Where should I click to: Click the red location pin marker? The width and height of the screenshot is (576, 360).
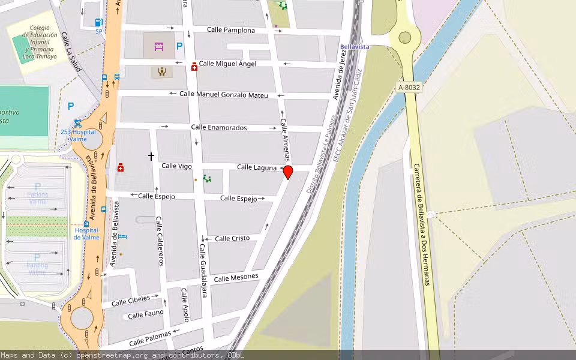point(288,173)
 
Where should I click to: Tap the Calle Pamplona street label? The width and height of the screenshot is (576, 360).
point(231,30)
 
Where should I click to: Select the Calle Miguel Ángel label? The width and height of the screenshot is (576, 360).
point(227,64)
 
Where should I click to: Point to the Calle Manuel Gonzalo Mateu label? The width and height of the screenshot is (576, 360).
point(224,94)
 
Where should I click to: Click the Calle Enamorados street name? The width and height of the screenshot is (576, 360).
point(219,127)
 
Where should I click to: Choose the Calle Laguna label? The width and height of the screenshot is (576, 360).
point(257,167)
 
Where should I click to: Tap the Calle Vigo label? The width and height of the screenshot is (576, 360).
point(176,166)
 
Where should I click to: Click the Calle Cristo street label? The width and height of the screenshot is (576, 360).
point(232,238)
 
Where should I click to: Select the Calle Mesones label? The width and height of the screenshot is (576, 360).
point(236,277)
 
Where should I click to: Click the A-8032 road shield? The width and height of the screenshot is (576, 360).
point(410,88)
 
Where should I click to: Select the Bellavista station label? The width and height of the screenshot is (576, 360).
point(354,46)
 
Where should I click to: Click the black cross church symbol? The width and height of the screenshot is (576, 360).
point(151,157)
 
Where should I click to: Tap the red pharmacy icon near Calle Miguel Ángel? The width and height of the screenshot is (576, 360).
point(194,67)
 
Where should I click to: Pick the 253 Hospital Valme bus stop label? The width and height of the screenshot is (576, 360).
point(78,135)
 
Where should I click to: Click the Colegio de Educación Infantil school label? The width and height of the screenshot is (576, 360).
point(40,42)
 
